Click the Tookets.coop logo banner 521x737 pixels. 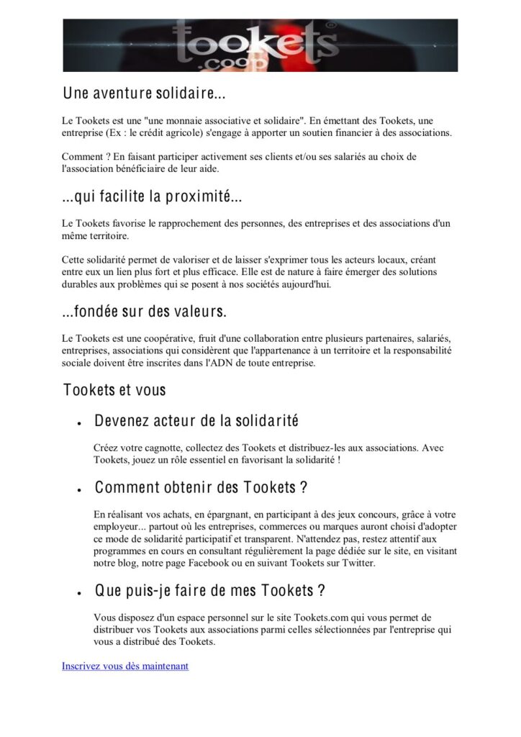pos(260,45)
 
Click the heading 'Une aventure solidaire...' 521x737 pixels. pos(145,94)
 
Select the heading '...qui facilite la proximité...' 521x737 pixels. pos(152,196)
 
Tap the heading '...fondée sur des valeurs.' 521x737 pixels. pos(145,312)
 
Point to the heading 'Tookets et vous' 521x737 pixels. pos(114,390)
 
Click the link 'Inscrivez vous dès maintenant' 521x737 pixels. pos(125,666)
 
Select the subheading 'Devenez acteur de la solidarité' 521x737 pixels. pos(196,420)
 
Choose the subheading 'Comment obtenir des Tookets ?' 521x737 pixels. pos(201,487)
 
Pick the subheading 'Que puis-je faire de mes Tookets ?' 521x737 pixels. pos(210,591)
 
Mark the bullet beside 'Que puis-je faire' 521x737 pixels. pos(77,594)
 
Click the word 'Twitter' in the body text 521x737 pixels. pos(353,563)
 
